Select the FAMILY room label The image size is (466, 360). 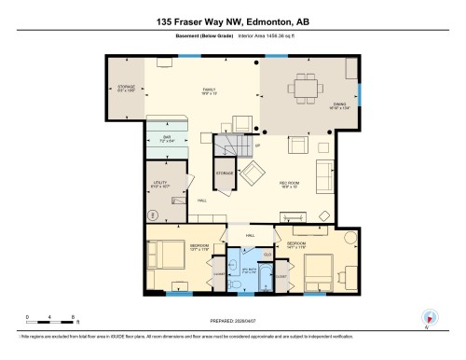click(209, 91)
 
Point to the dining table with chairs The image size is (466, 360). click(306, 90)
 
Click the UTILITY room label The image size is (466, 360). click(158, 186)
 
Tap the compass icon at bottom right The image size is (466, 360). click(430, 318)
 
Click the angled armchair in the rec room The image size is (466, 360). click(253, 173)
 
